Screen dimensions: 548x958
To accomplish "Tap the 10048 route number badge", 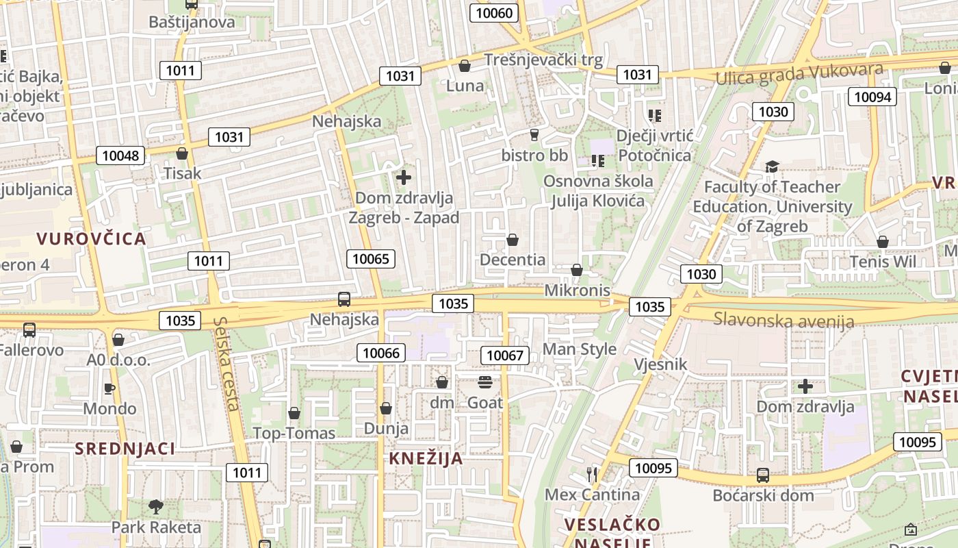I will [x=120, y=155].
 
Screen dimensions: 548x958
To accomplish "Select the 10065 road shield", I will [x=370, y=258].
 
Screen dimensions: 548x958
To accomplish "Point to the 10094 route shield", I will [x=872, y=97].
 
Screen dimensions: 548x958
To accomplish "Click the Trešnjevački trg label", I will [x=543, y=60].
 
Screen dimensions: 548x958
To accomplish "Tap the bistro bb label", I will [x=534, y=155].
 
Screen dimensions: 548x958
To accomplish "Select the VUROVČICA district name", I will [x=91, y=238].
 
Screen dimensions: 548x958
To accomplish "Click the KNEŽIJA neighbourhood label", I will [x=426, y=459].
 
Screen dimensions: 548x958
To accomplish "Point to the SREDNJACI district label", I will [x=125, y=449].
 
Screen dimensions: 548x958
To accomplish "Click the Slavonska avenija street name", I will [x=784, y=319].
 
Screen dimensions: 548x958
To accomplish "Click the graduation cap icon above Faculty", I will [x=772, y=166].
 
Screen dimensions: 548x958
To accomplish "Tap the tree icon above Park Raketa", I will [x=156, y=507].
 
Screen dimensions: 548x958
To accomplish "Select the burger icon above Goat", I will [x=484, y=382].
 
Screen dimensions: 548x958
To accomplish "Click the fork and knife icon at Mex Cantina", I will [x=592, y=473].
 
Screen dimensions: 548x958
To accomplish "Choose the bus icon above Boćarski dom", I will [x=762, y=475].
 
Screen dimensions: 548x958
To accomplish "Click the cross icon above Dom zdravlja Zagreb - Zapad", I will [x=404, y=177].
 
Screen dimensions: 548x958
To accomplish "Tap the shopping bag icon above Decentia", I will [x=512, y=240].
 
